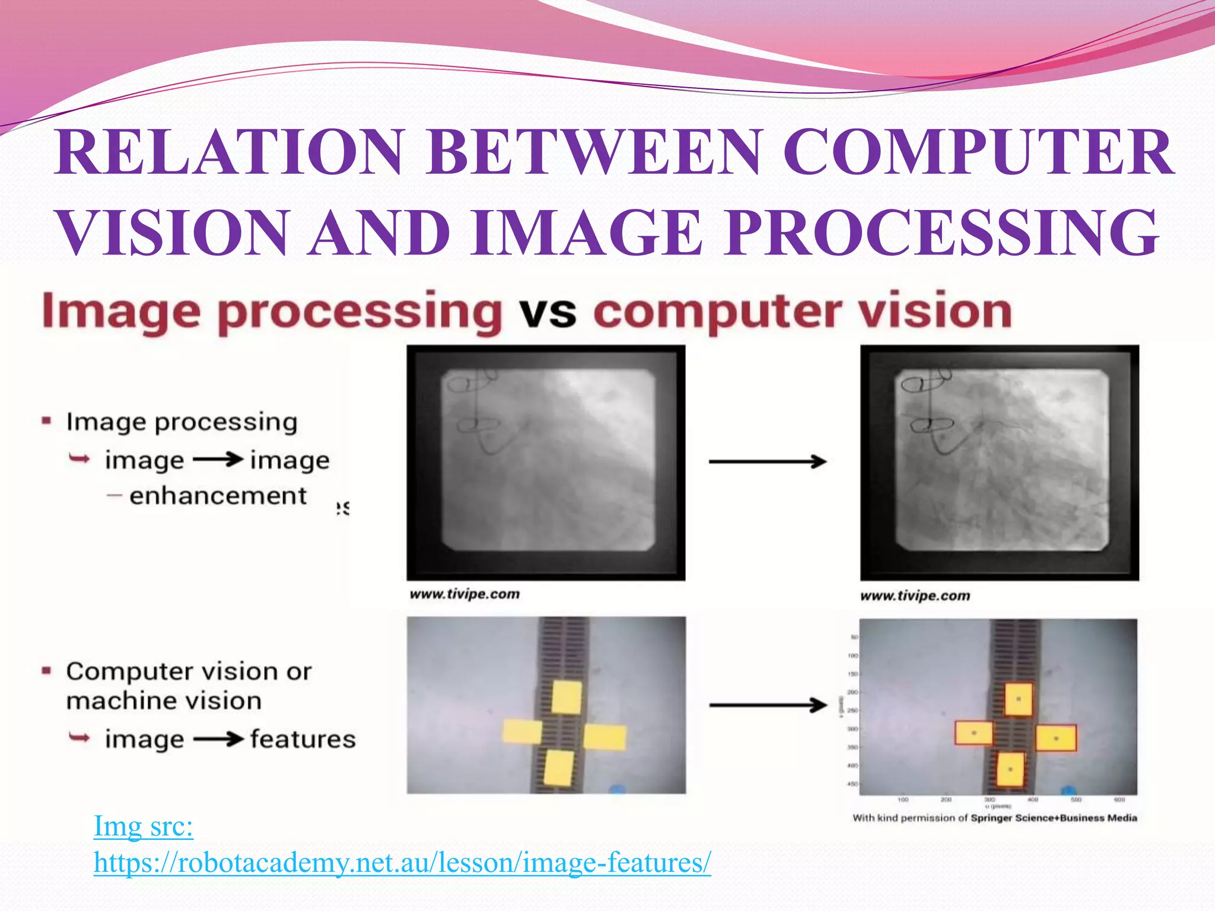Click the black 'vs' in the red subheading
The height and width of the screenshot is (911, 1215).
pos(547,313)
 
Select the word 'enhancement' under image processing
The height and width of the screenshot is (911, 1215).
pos(218,496)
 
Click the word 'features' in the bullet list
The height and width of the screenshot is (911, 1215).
pos(303,740)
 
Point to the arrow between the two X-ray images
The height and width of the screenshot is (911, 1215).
pos(768,461)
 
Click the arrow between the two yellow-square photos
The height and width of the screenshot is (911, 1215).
pos(768,705)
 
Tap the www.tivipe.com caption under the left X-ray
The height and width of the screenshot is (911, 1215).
pos(465,594)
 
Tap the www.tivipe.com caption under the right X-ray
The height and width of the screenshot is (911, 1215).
pos(915,596)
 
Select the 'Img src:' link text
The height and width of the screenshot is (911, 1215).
pos(144,826)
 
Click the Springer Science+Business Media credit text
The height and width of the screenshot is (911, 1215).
pos(1054,818)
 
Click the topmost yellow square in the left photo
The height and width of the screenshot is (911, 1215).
pos(567,697)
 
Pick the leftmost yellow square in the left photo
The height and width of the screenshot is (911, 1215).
pos(521,731)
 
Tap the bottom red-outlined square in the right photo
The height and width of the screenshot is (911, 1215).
pos(1010,769)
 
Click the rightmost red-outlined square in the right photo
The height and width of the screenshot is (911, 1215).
pos(1056,738)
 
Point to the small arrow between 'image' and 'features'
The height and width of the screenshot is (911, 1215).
pos(218,740)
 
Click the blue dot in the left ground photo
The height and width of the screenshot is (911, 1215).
pos(617,789)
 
